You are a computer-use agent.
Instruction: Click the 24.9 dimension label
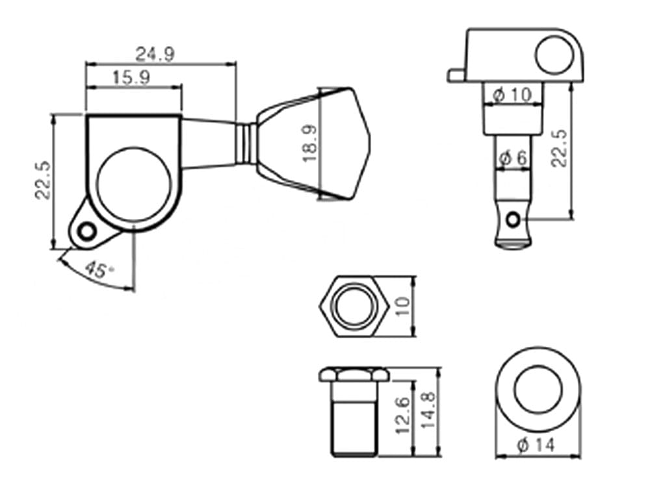tap(155, 54)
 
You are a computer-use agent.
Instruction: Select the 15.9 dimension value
tap(131, 77)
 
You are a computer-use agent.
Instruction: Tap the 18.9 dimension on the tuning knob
tap(309, 144)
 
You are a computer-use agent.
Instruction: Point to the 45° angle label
tap(99, 270)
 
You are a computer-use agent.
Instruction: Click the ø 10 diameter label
tap(512, 95)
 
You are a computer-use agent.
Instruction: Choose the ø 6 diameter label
tap(513, 158)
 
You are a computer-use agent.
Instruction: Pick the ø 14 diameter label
tap(536, 445)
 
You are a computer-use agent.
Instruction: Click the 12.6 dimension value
tap(403, 415)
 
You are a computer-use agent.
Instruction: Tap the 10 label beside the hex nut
tap(403, 306)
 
